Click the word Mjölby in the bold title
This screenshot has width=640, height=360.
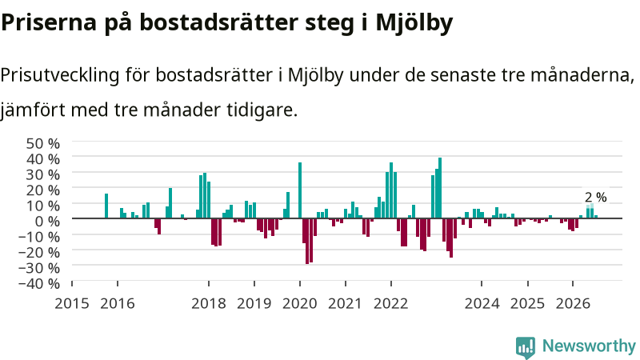point(414,23)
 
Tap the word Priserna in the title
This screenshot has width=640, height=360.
point(49,22)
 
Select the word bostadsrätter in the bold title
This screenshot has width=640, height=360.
point(218,22)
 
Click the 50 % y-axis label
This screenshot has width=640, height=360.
point(43,144)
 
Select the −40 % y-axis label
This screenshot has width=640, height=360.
point(39,283)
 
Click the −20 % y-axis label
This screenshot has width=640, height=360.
point(39,252)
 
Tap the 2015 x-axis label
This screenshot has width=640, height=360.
point(72,304)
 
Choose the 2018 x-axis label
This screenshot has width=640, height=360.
point(209,304)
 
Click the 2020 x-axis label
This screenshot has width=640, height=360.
point(300,304)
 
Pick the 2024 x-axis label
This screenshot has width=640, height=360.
point(482,304)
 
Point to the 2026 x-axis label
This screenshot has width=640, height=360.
point(573,304)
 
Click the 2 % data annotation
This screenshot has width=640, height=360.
point(595,198)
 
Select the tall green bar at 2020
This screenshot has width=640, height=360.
point(300,190)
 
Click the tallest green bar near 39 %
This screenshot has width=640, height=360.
point(440,188)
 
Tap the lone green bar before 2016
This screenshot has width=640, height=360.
point(106,206)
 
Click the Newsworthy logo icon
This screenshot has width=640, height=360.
point(526,347)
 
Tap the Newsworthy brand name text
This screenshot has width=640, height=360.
point(589,346)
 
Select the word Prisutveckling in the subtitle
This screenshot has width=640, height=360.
point(60,76)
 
